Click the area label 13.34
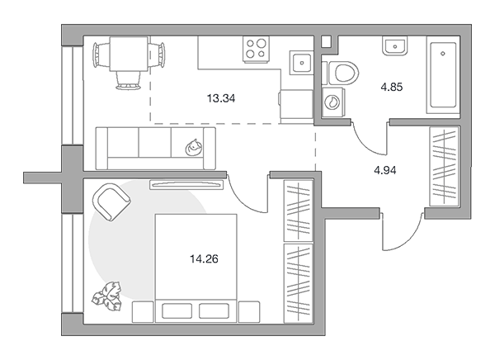pyautogui.click(x=221, y=98)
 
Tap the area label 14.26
pyautogui.click(x=204, y=259)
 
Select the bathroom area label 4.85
pyautogui.click(x=391, y=87)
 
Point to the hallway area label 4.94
pyautogui.click(x=384, y=170)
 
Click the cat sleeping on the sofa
pyautogui.click(x=194, y=148)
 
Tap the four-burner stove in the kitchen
pyautogui.click(x=256, y=49)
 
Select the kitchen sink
pyautogui.click(x=301, y=63)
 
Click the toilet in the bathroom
pyautogui.click(x=341, y=73)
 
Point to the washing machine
pyautogui.click(x=333, y=102)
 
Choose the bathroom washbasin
pyautogui.click(x=394, y=45)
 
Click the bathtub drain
pyautogui.click(x=443, y=54)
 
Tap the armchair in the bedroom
pyautogui.click(x=111, y=201)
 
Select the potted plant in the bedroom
pyautogui.click(x=107, y=296)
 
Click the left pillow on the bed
pyautogui.click(x=177, y=311)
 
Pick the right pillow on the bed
pyautogui.click(x=214, y=311)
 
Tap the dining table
pyautogui.click(x=129, y=54)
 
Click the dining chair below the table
pyautogui.click(x=128, y=80)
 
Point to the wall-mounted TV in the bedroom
pyautogui.click(x=186, y=185)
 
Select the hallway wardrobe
pyautogui.click(x=444, y=167)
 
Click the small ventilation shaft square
pyautogui.click(x=326, y=42)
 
